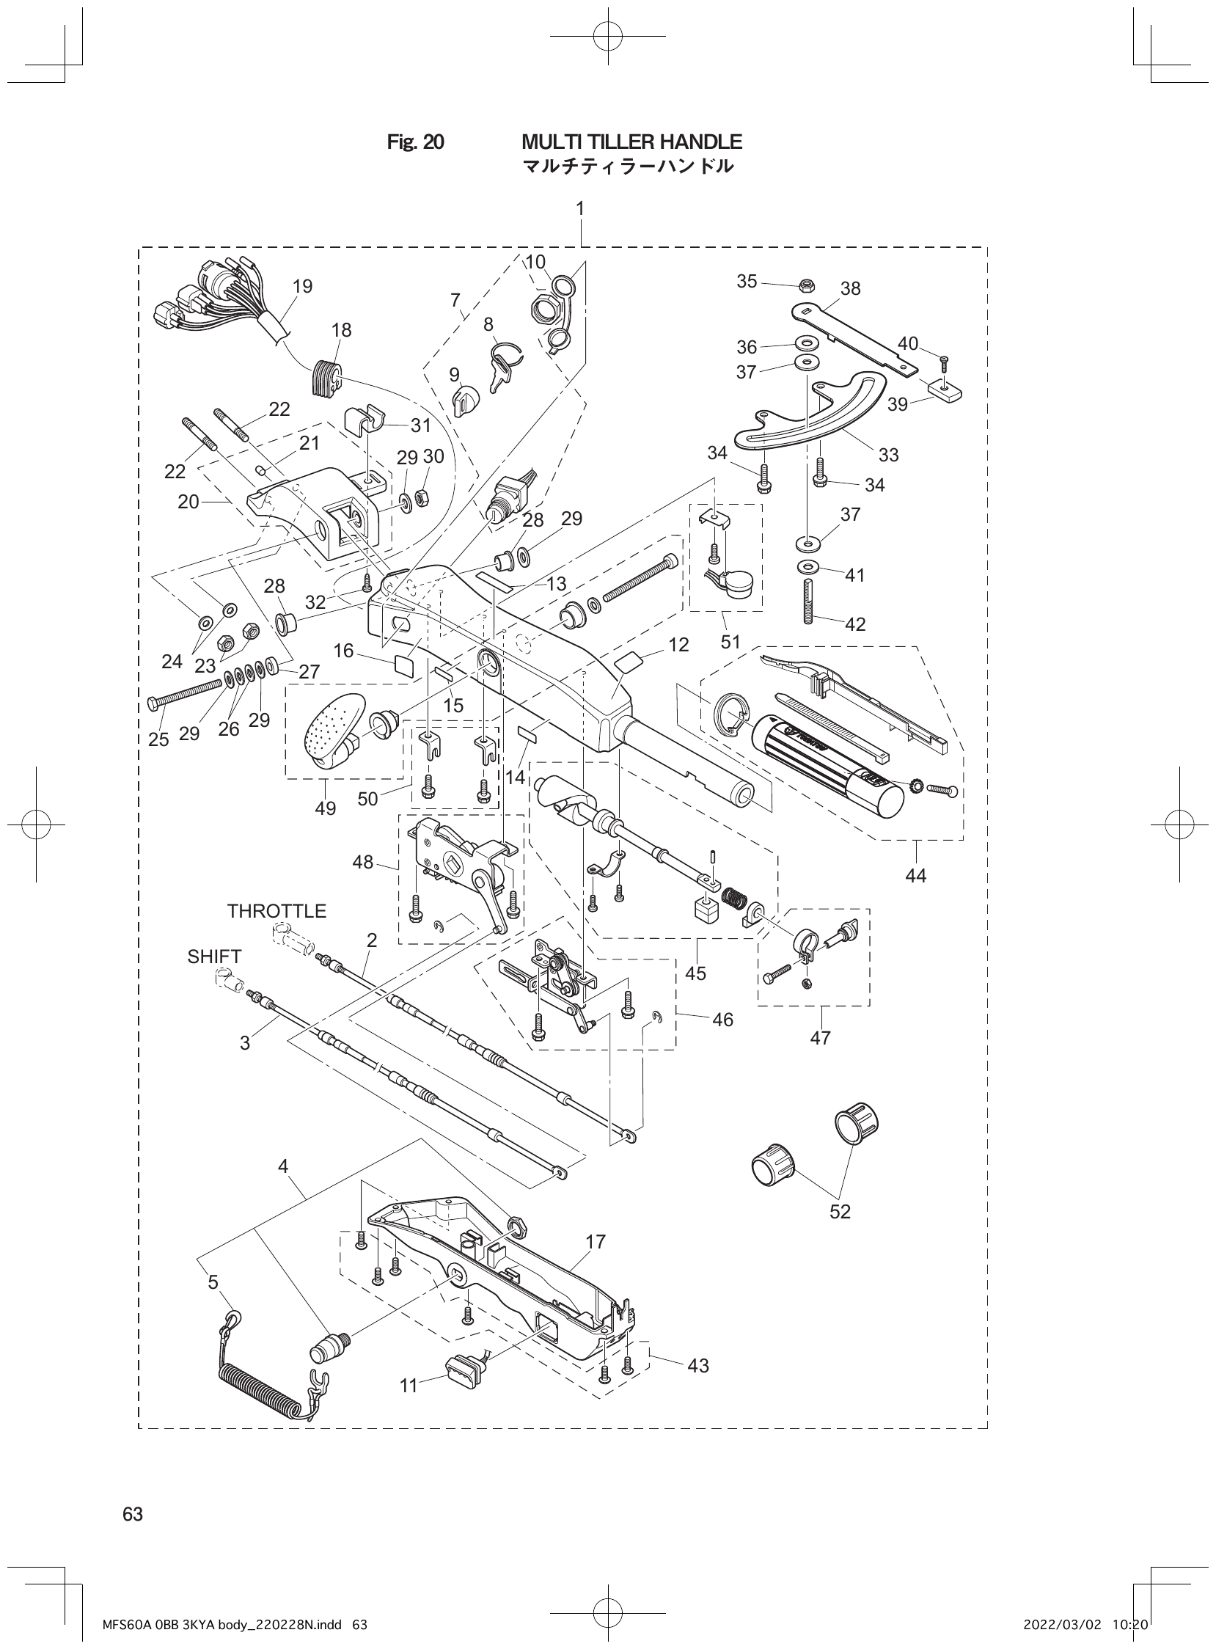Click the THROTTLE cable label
tap(276, 910)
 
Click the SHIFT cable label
tap(214, 957)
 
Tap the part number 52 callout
tap(840, 1211)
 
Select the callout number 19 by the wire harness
tap(302, 286)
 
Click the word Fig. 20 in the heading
tap(415, 142)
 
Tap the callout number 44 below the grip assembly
tap(916, 875)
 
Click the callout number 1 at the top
tap(580, 209)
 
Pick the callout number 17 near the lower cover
tap(595, 1242)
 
